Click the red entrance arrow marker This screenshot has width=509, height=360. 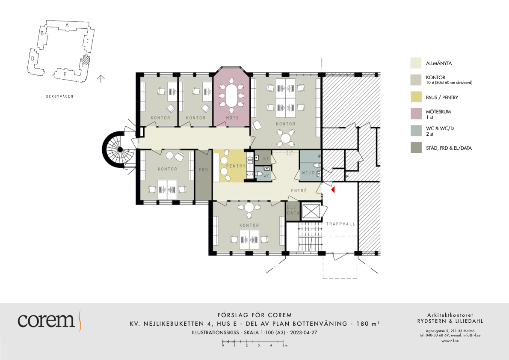(333, 190)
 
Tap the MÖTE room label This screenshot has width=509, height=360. (232, 118)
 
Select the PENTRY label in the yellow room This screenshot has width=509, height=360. (236, 166)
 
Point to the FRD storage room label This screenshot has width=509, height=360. (203, 170)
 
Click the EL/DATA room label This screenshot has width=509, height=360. (293, 210)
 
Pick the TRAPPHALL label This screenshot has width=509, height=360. (340, 224)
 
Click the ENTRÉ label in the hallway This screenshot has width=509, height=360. (299, 190)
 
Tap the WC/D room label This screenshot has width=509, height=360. (308, 173)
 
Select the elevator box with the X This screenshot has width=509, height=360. (311, 211)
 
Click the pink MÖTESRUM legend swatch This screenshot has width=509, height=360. (416, 114)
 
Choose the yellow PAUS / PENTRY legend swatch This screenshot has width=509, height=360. (416, 97)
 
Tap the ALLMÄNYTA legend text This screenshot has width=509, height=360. (439, 63)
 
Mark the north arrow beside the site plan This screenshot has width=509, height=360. (101, 78)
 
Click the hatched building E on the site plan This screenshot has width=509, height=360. (85, 61)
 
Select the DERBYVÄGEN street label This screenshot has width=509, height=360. (60, 96)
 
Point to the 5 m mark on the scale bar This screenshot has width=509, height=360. (283, 342)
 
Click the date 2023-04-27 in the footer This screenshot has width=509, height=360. (304, 333)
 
